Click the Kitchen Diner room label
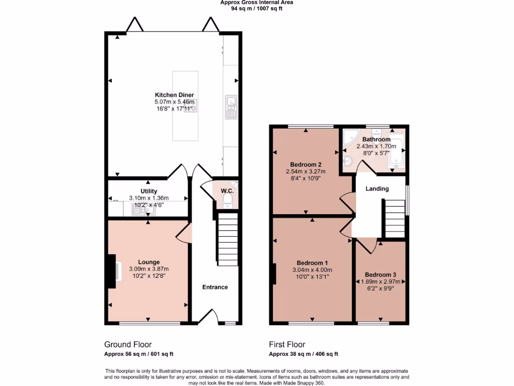click(x=174, y=95)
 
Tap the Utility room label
click(x=149, y=191)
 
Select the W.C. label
click(x=227, y=191)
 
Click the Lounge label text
click(x=149, y=262)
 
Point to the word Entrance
click(x=215, y=287)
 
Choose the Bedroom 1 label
click(x=312, y=263)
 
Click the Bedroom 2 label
click(x=306, y=164)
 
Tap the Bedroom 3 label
click(x=380, y=275)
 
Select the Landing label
click(x=377, y=189)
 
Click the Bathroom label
click(x=376, y=139)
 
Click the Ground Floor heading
click(x=127, y=344)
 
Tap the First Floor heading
click(x=287, y=344)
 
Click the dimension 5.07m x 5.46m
click(x=174, y=102)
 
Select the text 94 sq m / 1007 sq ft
click(x=256, y=8)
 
